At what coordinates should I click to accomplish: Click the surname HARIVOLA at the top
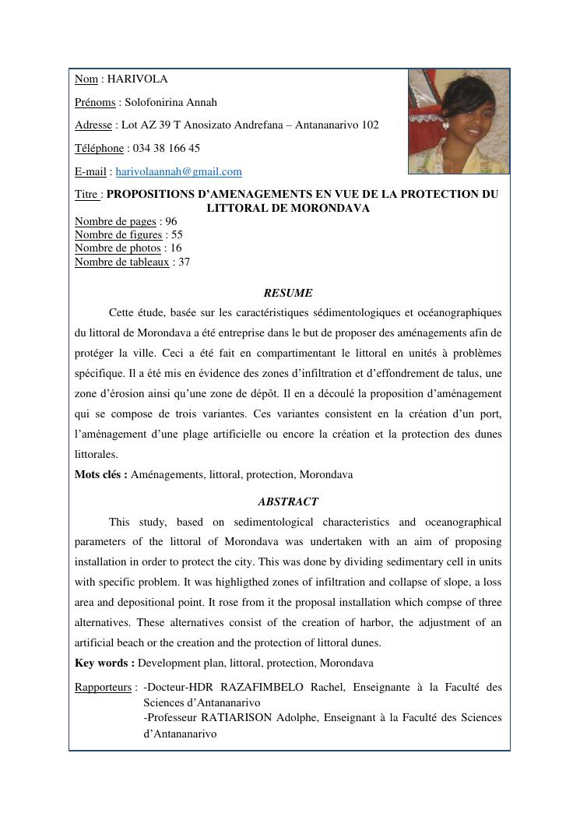point(137,79)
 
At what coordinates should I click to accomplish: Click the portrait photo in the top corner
point(459,121)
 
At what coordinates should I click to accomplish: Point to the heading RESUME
point(288,293)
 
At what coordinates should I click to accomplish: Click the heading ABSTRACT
point(288,502)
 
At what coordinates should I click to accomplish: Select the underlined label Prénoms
point(93,102)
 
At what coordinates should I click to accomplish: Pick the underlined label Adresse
point(93,125)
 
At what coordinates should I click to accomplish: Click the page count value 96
point(171,221)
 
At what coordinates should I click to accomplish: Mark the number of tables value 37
point(184,262)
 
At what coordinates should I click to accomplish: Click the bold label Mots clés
point(100,474)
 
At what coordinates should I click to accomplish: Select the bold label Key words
point(104,663)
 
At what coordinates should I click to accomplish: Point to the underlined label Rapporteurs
point(103,687)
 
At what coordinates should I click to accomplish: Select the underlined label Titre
point(87,194)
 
